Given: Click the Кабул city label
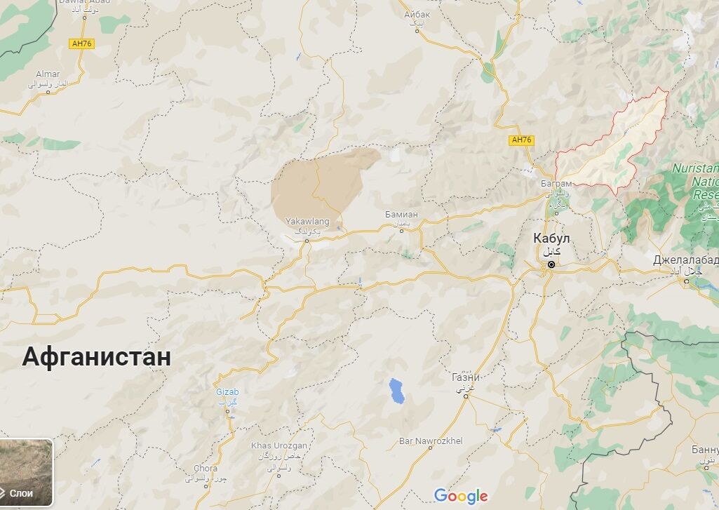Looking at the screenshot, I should point(551,239).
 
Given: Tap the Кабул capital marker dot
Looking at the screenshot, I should point(551,264).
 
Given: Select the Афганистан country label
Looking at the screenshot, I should point(96,356).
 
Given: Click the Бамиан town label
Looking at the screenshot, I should point(401,214).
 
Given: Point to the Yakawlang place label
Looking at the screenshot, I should point(307,222).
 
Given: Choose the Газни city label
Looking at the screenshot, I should point(466,377).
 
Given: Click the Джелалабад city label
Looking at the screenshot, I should point(685,260).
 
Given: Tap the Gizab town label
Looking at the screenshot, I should point(227,392).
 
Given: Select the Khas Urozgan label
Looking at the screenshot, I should point(279,446).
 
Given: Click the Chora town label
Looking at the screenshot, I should point(206,468).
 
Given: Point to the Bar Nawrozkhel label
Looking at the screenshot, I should point(431,441).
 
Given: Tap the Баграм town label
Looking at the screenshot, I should point(557,184).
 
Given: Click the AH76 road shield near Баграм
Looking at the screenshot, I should point(522,140).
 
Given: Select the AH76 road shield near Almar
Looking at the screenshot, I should point(81,43).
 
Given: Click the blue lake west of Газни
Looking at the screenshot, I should point(397,391).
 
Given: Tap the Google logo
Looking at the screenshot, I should point(461,497).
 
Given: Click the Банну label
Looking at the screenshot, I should point(705,449).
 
